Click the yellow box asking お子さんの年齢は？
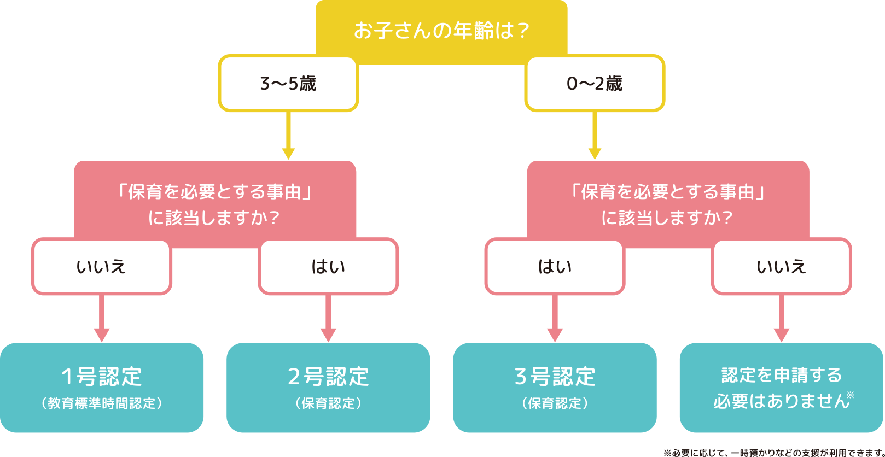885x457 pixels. click(441, 30)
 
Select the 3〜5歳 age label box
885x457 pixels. click(288, 84)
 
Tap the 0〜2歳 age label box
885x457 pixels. click(595, 84)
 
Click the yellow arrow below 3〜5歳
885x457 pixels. click(288, 137)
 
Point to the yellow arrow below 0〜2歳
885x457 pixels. click(595, 137)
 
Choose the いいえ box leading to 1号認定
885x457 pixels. click(102, 267)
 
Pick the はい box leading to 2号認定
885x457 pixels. click(328, 267)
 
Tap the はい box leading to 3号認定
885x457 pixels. click(555, 267)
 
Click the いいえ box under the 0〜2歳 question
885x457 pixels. click(781, 267)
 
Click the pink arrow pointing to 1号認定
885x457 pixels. click(102, 320)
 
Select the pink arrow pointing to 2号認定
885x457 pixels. click(328, 320)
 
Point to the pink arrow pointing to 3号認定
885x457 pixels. click(555, 320)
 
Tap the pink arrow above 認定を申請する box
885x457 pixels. click(781, 320)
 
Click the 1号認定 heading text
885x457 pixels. click(102, 377)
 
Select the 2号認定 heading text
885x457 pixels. click(328, 377)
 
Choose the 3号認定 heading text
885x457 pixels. click(555, 377)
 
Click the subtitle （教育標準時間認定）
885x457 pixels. click(102, 403)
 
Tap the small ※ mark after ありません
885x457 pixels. click(850, 395)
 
